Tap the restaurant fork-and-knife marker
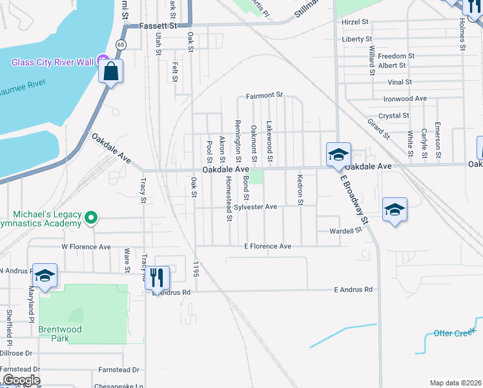(157, 279)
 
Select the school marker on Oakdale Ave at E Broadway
(338, 155)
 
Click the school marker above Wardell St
(395, 210)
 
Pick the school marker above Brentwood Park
(45, 276)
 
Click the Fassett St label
(158, 26)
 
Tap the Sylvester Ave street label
(255, 207)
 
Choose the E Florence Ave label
(267, 246)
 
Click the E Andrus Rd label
(353, 290)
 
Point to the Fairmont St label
(265, 96)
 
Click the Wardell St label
(345, 231)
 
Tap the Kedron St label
(300, 189)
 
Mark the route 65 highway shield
(121, 44)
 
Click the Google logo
(21, 380)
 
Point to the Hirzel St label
(355, 21)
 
